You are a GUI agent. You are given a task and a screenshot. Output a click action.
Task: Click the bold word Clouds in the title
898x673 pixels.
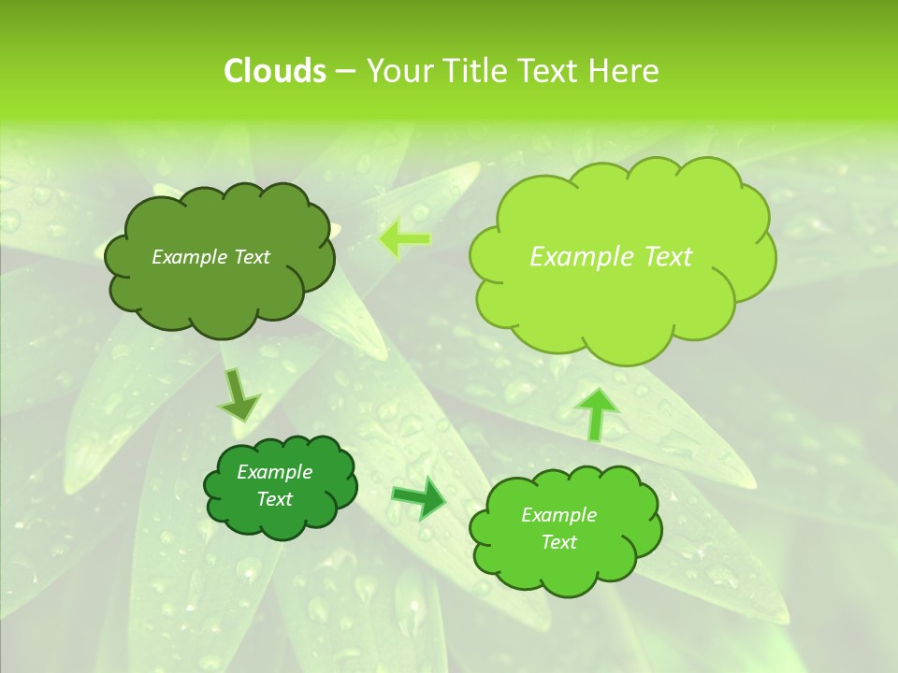(x=274, y=71)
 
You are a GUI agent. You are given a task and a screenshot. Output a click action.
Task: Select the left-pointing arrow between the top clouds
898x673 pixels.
(x=405, y=239)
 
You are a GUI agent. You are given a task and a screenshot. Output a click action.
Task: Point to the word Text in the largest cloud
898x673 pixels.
(x=668, y=257)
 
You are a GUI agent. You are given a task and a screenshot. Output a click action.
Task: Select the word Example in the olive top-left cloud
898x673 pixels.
(x=190, y=257)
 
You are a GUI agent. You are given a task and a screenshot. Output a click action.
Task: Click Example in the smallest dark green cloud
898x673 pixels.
(x=274, y=472)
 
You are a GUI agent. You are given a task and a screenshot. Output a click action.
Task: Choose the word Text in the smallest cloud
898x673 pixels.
(x=274, y=499)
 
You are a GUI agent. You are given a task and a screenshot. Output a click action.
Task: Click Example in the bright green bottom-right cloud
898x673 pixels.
(x=558, y=515)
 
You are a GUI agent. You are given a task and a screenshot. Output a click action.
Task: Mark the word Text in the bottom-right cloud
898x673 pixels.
(x=558, y=542)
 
